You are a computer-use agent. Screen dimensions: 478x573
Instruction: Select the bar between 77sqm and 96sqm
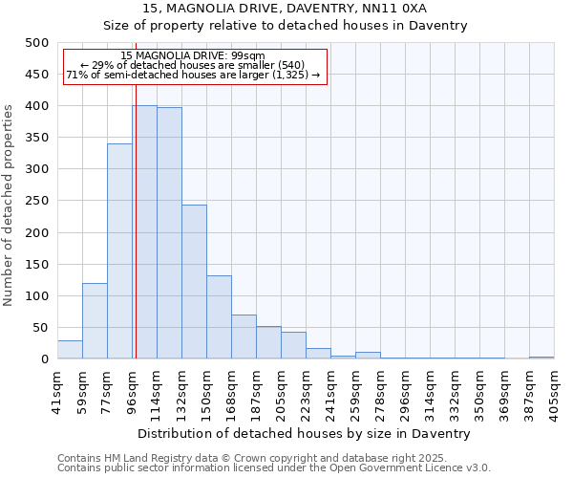click(119, 251)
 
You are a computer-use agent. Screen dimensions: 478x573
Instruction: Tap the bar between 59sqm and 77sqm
click(95, 321)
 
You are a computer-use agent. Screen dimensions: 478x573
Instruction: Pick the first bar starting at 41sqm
click(70, 350)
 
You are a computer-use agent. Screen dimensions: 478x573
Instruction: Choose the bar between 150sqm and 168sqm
click(219, 317)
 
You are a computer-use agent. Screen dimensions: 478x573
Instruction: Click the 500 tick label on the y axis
click(36, 43)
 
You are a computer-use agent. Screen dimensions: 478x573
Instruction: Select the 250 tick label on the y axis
click(36, 201)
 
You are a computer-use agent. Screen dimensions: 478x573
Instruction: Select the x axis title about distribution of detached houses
click(305, 433)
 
